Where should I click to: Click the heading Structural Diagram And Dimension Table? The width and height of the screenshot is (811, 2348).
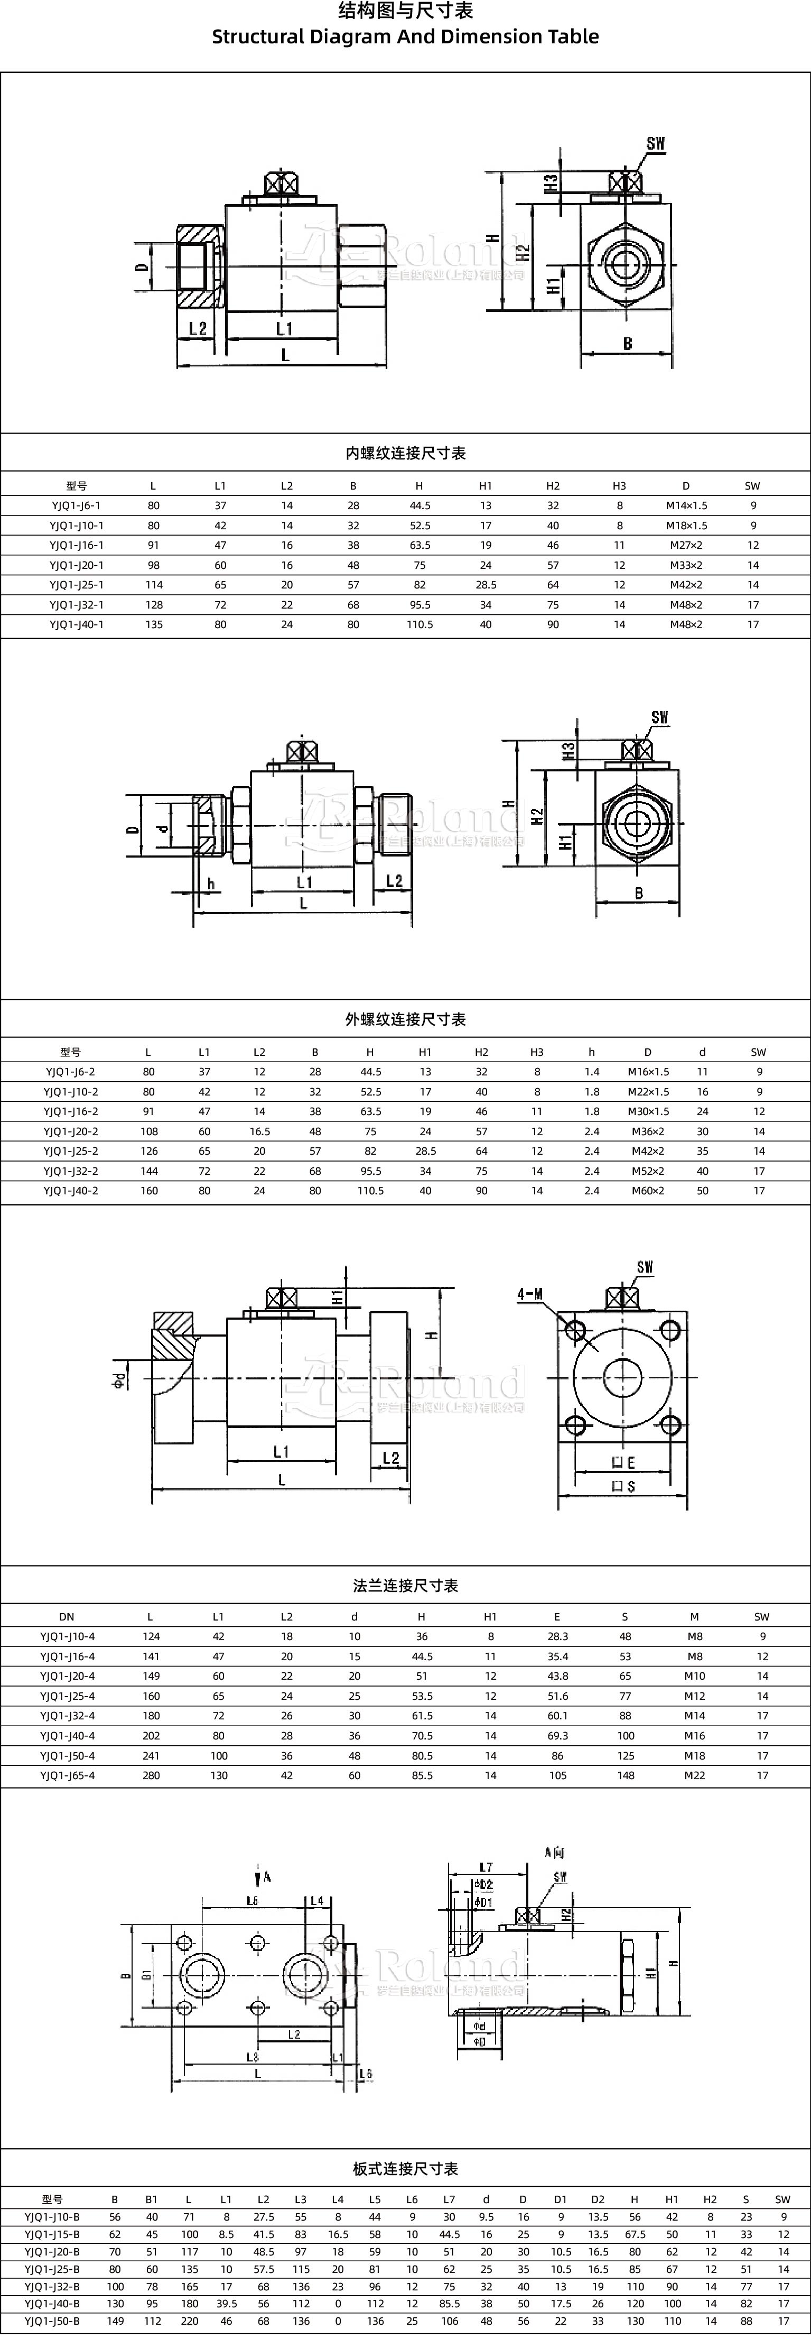tap(406, 36)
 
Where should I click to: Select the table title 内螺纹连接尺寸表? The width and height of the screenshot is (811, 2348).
tap(406, 453)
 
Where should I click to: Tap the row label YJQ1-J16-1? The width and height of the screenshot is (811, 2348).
tap(77, 545)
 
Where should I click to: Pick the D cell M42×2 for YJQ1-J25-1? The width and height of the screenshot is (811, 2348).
tap(685, 585)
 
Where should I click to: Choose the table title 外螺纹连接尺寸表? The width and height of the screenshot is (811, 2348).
tap(406, 1019)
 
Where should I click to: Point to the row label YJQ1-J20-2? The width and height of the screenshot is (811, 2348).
tap(71, 1131)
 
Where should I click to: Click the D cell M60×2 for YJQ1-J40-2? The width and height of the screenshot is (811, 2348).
tap(648, 1191)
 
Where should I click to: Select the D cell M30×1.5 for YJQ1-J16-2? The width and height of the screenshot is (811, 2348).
tap(648, 1111)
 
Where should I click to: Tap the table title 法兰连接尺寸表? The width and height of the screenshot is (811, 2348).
tap(406, 1585)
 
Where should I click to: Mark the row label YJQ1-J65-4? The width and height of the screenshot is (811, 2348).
tap(68, 1775)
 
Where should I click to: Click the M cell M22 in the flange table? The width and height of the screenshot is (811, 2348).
tap(694, 1775)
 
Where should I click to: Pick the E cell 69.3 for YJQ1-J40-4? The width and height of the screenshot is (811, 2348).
tap(558, 1735)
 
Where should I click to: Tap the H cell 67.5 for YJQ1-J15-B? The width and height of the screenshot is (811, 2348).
tap(635, 2235)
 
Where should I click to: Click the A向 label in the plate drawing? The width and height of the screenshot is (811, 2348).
tap(555, 1852)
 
